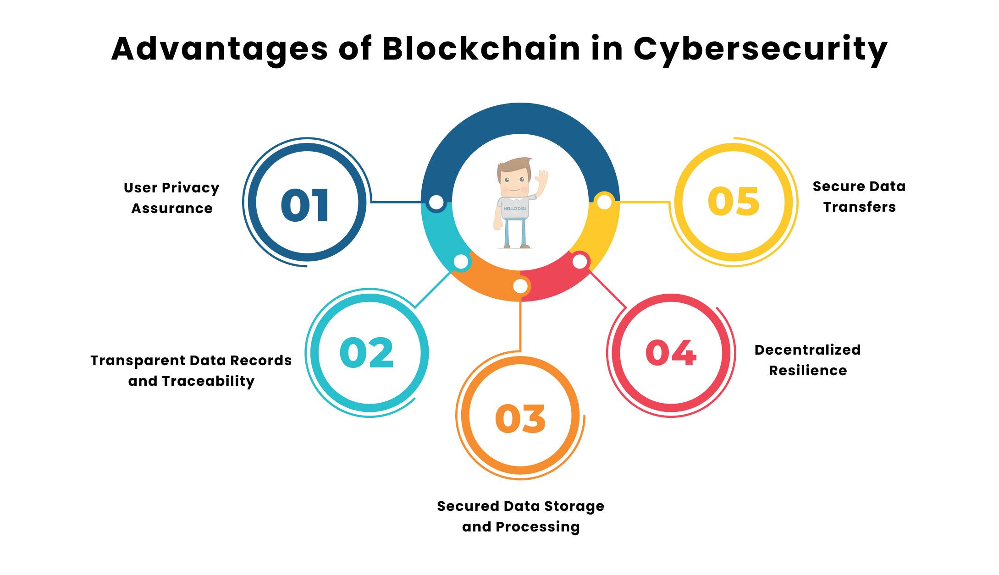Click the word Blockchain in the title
point(481,49)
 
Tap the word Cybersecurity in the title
point(761,50)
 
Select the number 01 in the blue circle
point(305,205)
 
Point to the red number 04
point(671,352)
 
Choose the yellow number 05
point(734,201)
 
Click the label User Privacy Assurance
point(172,198)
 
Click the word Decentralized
point(807,350)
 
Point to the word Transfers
point(860,207)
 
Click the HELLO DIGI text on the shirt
point(515,208)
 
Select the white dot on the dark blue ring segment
point(436,202)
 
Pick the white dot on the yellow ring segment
point(604,202)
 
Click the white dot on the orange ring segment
point(520,286)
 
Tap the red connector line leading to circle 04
point(607,289)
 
